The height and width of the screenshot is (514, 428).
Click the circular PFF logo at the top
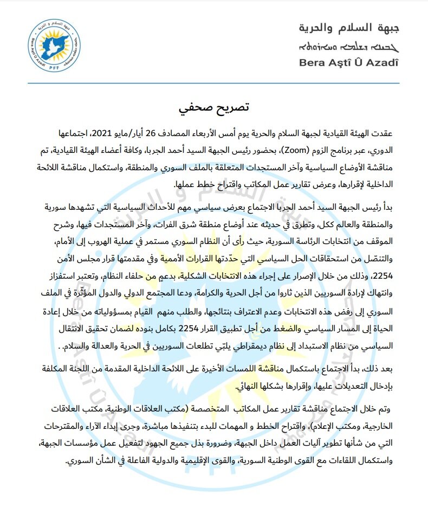coord(53,44)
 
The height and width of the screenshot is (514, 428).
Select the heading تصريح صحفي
coord(215,107)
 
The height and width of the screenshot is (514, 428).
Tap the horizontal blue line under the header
coord(214,83)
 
